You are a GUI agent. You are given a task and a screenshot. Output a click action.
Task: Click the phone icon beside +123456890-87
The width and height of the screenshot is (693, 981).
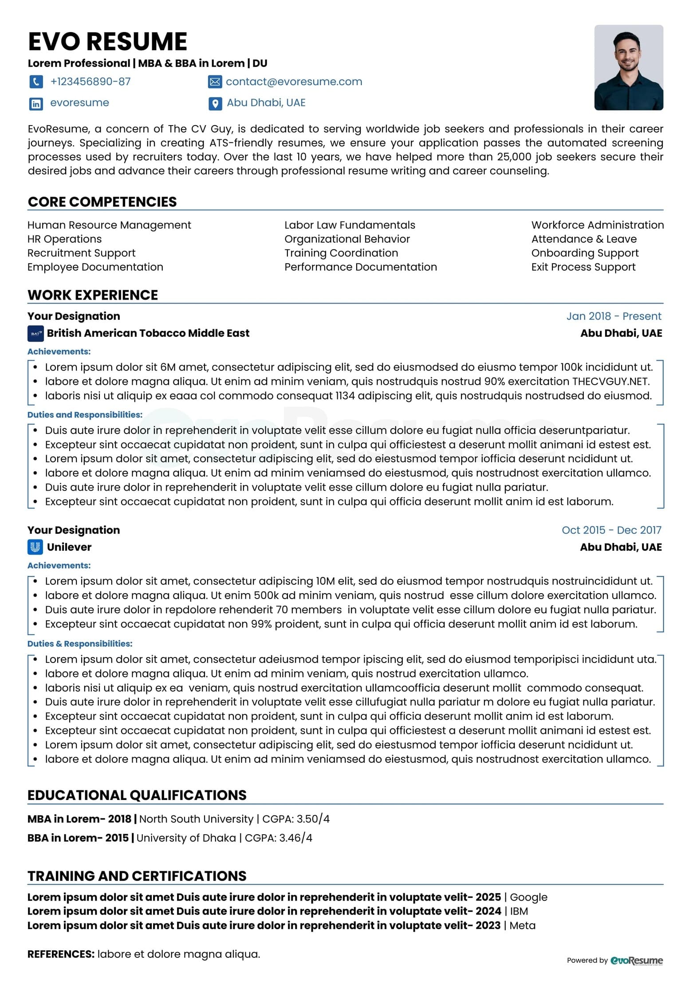(36, 82)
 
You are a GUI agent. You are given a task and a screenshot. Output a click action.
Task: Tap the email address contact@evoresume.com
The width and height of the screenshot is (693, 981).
(294, 82)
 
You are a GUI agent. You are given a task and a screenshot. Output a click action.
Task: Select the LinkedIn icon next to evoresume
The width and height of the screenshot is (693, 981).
(36, 103)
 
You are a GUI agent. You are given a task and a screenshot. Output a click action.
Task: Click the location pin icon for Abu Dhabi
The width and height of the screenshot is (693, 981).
(215, 103)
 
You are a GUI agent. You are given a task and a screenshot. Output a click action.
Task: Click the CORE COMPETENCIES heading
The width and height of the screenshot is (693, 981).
(102, 202)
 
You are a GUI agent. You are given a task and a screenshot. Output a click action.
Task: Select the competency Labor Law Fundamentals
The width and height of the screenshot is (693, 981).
(350, 225)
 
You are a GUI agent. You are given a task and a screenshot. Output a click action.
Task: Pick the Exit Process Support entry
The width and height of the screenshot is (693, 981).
(583, 267)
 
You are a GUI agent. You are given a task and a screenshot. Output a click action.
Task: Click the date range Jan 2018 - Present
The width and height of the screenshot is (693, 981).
(613, 316)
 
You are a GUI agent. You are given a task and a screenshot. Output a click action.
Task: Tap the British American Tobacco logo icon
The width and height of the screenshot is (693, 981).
(35, 334)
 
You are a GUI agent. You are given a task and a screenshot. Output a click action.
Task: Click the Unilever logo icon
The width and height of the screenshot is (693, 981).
(35, 547)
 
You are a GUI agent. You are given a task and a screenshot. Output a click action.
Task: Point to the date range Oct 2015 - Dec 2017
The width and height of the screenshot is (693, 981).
(611, 530)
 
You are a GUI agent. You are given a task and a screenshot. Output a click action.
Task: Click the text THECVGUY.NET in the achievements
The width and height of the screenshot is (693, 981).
(611, 382)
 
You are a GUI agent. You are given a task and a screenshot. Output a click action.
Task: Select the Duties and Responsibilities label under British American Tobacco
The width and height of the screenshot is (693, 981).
(85, 415)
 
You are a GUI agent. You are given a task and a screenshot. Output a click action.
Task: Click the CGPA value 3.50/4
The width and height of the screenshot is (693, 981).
(313, 819)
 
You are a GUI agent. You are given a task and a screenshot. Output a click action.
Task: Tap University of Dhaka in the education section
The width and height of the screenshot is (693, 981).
(186, 838)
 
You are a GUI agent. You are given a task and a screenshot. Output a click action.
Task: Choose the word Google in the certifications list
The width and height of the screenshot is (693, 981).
(528, 897)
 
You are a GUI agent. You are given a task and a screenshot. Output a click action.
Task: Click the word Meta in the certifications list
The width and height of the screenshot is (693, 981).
(522, 926)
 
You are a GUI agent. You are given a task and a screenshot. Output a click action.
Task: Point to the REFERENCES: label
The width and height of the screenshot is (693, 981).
(61, 954)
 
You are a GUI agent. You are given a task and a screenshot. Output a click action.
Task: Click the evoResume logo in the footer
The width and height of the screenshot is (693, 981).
(637, 961)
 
